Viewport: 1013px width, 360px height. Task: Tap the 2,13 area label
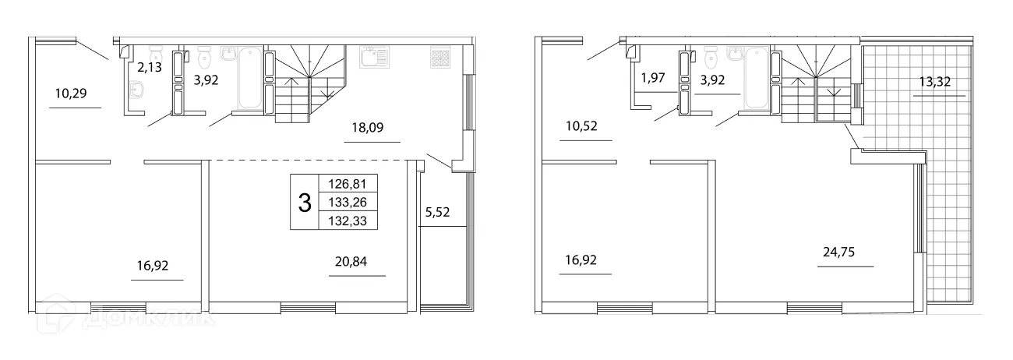150,68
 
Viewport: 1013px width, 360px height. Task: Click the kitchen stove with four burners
439,58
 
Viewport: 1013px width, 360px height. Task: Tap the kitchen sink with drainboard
373,58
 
